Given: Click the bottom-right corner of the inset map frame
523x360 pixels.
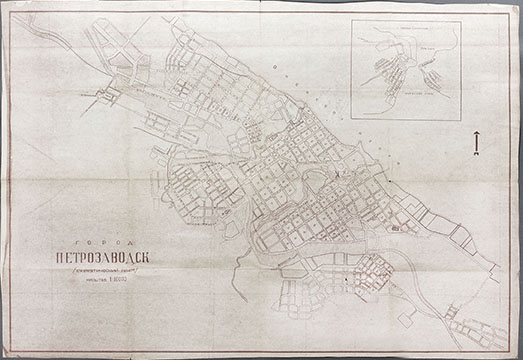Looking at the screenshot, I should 461,121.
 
